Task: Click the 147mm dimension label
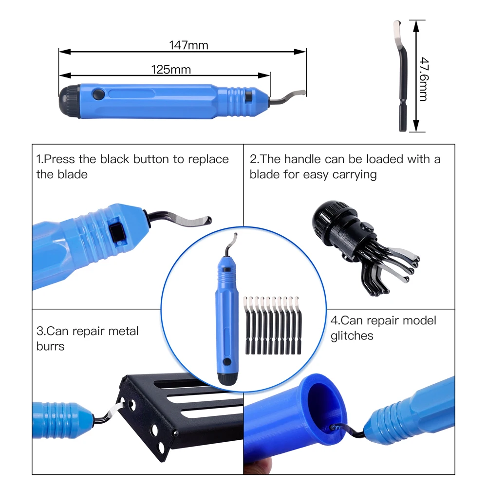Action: tap(188, 46)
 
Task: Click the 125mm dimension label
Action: tap(171, 70)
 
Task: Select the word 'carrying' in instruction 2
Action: tap(354, 174)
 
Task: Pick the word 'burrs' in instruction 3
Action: tap(50, 346)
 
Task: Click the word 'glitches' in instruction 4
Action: tap(352, 336)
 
